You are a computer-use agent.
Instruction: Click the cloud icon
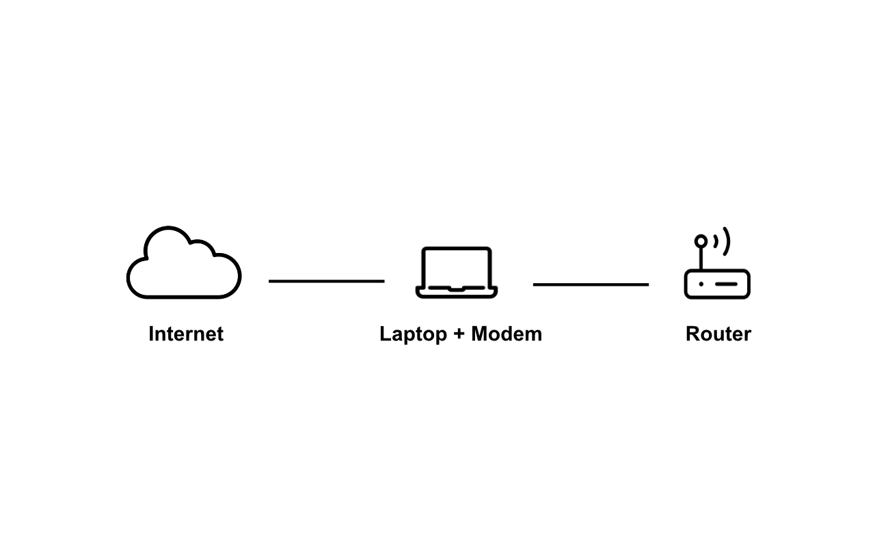tap(183, 265)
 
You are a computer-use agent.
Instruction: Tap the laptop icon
tap(457, 272)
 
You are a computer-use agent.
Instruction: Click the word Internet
tap(186, 334)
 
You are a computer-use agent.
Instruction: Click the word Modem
tap(507, 334)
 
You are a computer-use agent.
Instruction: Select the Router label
tap(718, 334)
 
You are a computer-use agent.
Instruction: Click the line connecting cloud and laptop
tap(327, 281)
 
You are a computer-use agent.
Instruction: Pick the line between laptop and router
tap(591, 284)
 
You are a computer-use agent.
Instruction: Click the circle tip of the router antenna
tap(701, 241)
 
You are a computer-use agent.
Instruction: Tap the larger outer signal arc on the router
tap(727, 241)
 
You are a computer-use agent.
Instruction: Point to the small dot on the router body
tap(701, 284)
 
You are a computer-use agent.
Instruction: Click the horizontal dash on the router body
tap(727, 284)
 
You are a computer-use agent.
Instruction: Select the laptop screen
tap(457, 267)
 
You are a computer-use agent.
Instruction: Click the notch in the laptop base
tap(457, 289)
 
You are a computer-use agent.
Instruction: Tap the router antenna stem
tap(701, 258)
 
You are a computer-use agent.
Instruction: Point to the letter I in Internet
tap(152, 334)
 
